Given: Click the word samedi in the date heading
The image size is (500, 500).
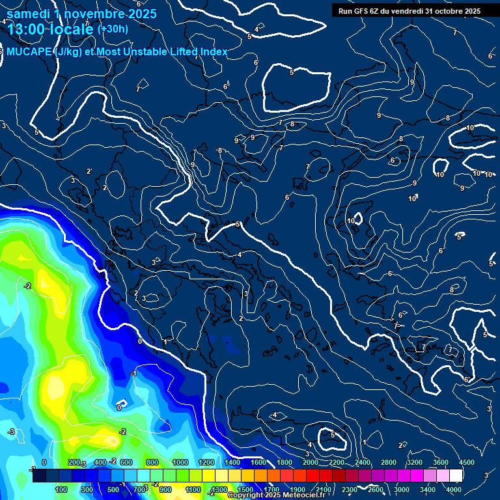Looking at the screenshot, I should click(27, 14).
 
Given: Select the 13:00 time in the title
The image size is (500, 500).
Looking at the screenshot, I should click(26, 29).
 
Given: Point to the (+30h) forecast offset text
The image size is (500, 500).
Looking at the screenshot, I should click(113, 29).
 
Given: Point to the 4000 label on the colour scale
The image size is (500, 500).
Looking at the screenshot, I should click(454, 490).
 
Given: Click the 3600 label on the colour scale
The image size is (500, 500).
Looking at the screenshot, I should click(441, 462).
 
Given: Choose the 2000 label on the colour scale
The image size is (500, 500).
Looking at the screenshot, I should click(311, 462).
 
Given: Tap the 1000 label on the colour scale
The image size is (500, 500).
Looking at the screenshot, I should click(180, 462).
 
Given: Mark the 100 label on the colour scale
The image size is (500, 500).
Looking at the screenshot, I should click(61, 490).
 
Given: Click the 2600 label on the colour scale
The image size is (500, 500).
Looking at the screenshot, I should click(376, 490).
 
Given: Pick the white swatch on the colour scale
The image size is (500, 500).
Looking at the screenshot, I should click(456, 476).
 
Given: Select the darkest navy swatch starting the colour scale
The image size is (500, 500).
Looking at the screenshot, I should click(39, 476).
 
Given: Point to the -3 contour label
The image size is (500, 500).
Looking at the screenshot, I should click(11, 432).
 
